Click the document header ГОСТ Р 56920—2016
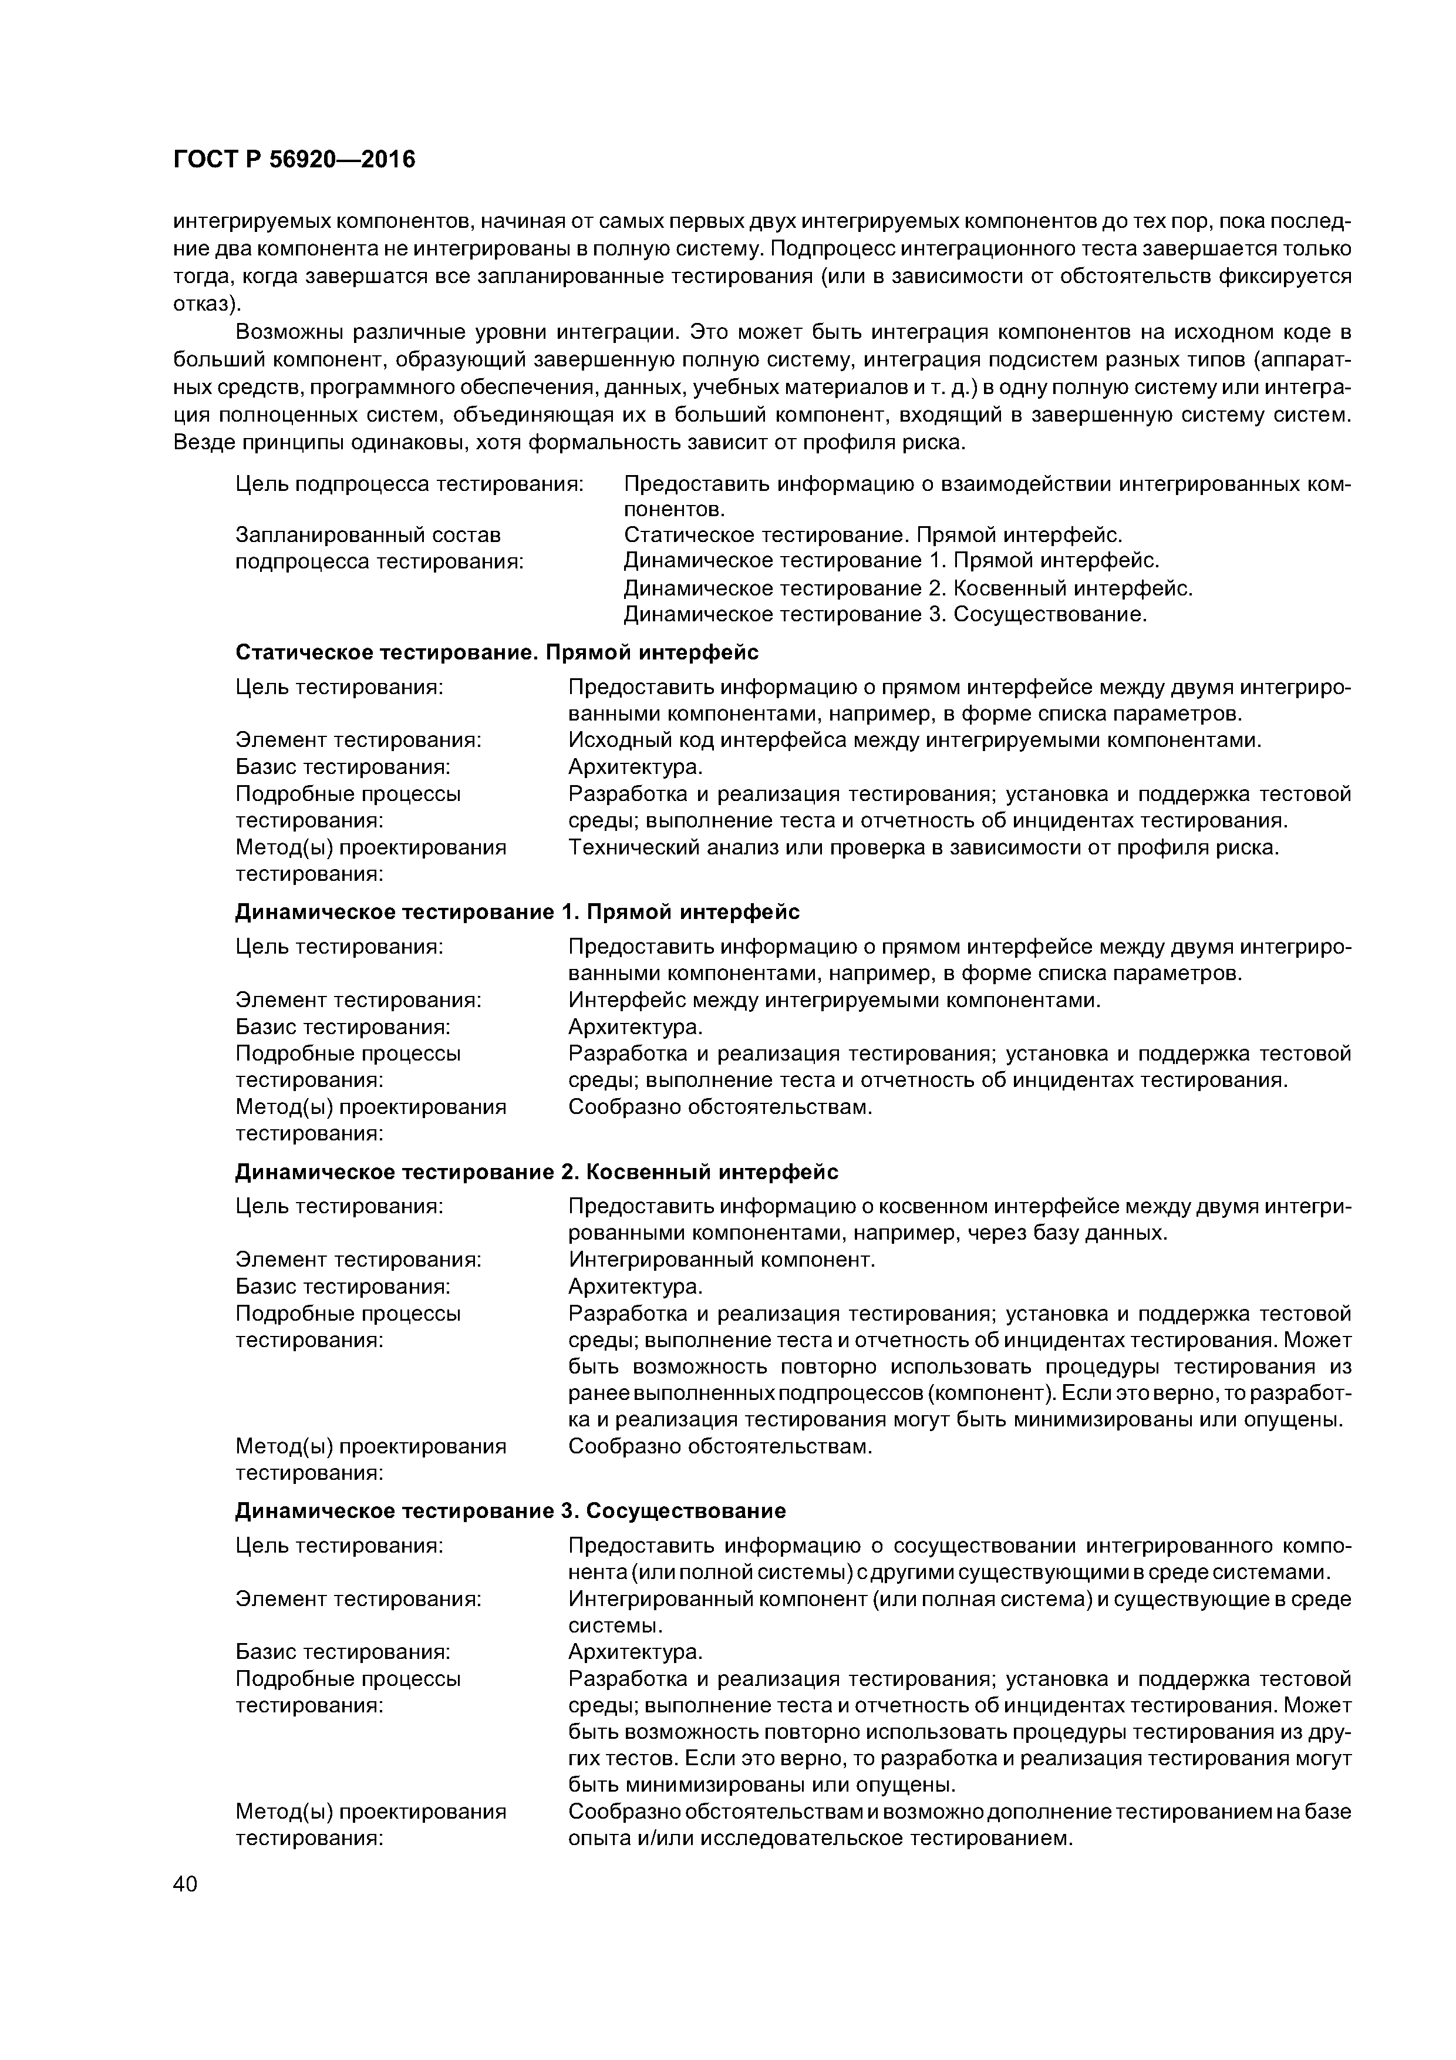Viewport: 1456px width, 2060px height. click(x=294, y=160)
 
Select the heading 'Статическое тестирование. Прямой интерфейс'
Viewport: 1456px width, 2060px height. click(x=497, y=652)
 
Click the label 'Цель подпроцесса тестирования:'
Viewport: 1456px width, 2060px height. click(x=409, y=484)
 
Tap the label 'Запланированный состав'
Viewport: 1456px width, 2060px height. click(x=368, y=536)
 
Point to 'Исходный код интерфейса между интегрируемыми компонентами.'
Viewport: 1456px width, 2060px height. click(x=915, y=741)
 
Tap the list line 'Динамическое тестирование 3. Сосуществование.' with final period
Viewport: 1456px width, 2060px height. click(x=885, y=615)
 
